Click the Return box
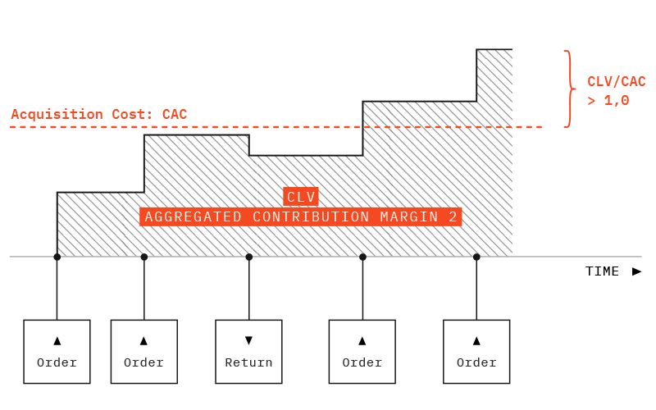pyautogui.click(x=248, y=352)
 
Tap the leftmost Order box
pyautogui.click(x=57, y=352)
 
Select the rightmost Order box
pyautogui.click(x=476, y=352)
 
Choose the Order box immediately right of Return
pyautogui.click(x=362, y=352)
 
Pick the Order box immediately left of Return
pyautogui.click(x=143, y=352)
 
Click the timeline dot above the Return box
pyautogui.click(x=248, y=257)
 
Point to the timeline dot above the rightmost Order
pyautogui.click(x=476, y=257)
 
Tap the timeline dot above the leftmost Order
pyautogui.click(x=57, y=257)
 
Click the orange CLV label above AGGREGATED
pyautogui.click(x=301, y=197)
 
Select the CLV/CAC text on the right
pyautogui.click(x=617, y=82)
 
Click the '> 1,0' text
pyautogui.click(x=608, y=101)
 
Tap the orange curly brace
pyautogui.click(x=567, y=89)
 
